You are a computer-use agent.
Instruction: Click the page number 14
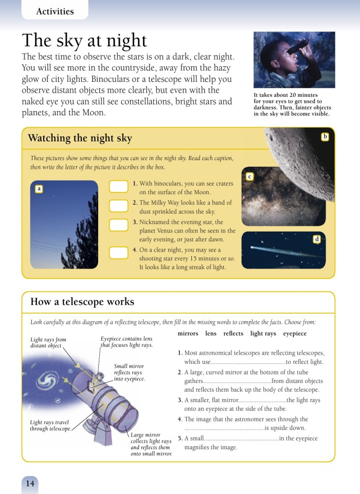pos(30,483)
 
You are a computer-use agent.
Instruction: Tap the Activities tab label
pos(55,11)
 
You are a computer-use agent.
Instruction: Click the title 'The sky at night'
pos(84,41)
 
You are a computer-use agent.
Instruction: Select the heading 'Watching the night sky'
pos(80,138)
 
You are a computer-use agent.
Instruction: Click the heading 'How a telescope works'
pos(82,302)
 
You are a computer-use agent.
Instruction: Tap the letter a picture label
pos(39,189)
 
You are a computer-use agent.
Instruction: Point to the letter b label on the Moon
pos(325,136)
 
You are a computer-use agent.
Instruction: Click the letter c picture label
pos(249,177)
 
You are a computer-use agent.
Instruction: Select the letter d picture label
pos(317,239)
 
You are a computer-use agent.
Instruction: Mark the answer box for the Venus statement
pos(119,225)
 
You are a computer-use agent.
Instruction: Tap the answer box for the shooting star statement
pos(119,253)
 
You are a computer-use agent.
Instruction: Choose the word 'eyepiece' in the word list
pos(295,333)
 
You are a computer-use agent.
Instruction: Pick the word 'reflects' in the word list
pos(233,333)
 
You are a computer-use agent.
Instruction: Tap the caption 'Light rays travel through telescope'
pos(49,426)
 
